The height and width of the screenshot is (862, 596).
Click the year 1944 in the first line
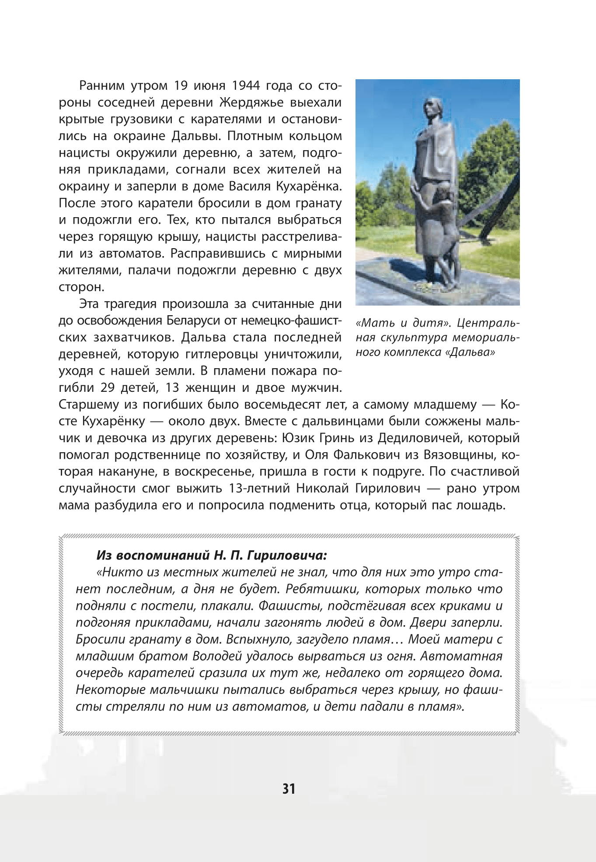246,86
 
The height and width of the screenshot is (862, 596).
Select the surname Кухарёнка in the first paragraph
309,186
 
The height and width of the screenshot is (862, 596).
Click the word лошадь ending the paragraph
481,505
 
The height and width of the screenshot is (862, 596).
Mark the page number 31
289,788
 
